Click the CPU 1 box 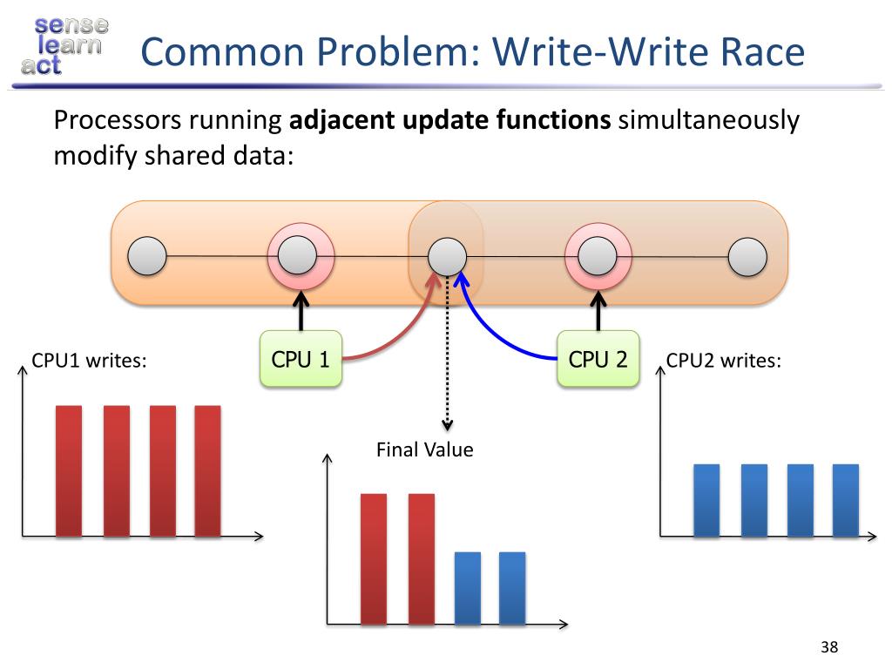(x=301, y=359)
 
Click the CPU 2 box (x=598, y=359)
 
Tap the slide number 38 (x=828, y=646)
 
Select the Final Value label (x=424, y=450)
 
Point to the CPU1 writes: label (x=88, y=360)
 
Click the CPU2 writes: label (x=723, y=360)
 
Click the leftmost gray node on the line (x=147, y=256)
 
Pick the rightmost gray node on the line (x=747, y=256)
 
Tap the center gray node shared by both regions (x=447, y=256)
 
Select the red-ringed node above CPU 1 (x=301, y=256)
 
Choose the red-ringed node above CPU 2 (x=598, y=256)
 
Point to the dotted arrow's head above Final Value (x=447, y=424)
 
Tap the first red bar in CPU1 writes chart (x=69, y=470)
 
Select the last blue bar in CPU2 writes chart (x=845, y=500)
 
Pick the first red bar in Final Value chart (x=374, y=558)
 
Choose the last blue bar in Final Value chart (x=512, y=588)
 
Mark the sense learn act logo (x=60, y=44)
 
